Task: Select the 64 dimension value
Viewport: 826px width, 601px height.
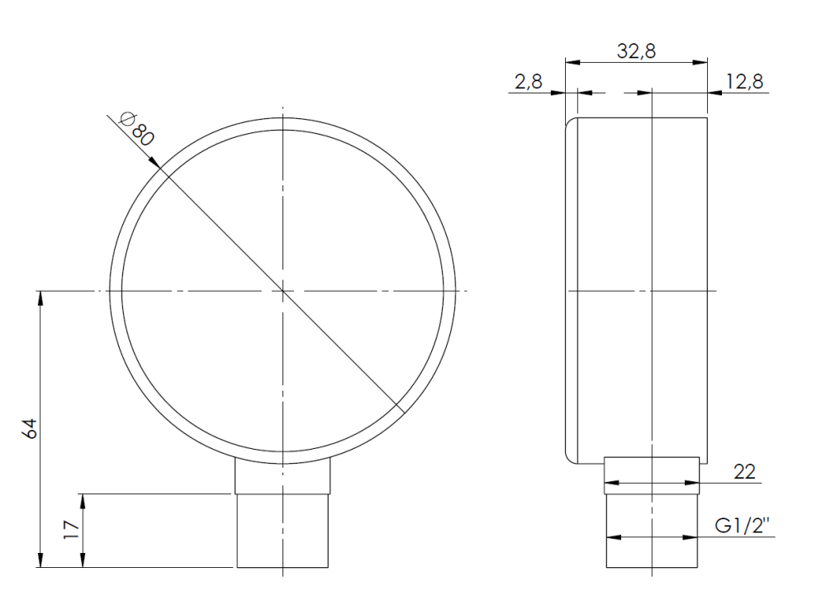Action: [28, 428]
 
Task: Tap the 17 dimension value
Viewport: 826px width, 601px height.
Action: [71, 529]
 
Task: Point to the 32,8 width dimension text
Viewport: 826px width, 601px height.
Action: [636, 50]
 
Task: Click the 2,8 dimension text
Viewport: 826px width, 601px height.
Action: [528, 80]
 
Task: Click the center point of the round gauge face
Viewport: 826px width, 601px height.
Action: [282, 291]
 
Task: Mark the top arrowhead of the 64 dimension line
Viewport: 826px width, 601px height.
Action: [40, 296]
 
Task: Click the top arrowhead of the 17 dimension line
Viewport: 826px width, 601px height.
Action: [82, 498]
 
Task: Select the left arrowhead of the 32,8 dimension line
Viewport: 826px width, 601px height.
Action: [570, 62]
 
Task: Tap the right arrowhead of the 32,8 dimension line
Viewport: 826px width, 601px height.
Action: [703, 62]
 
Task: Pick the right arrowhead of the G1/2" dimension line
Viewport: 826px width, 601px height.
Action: [695, 537]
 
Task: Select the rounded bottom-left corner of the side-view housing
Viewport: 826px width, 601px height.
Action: [568, 457]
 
